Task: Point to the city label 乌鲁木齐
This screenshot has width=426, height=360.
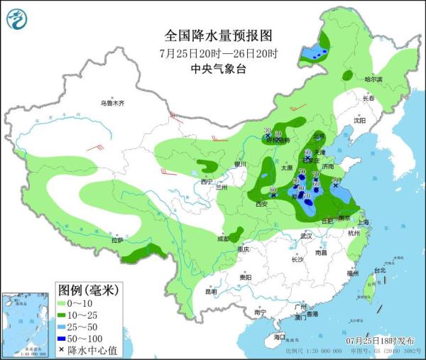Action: (111, 104)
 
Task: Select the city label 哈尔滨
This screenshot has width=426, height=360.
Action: (373, 80)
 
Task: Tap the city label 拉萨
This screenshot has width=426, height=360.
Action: (117, 241)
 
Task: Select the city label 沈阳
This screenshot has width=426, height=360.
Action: (360, 121)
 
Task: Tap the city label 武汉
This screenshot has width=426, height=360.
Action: (306, 235)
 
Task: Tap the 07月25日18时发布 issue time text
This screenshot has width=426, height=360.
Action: (383, 342)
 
